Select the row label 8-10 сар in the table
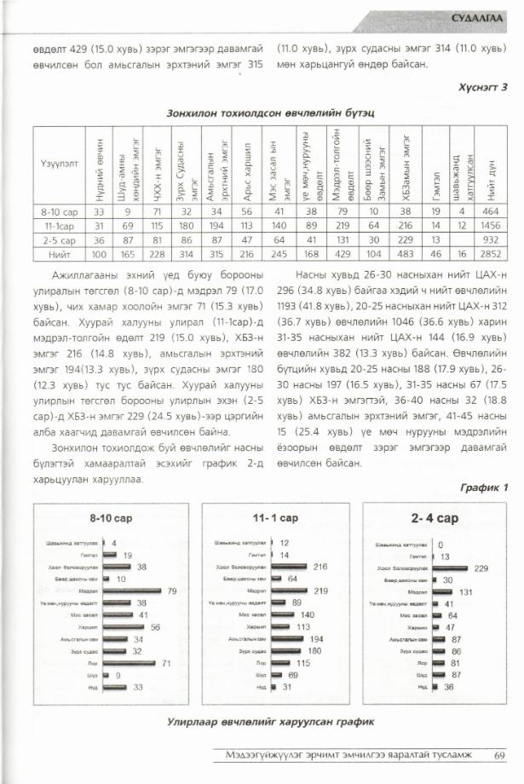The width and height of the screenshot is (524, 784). pos(60,210)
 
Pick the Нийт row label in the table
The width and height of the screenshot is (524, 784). pos(60,253)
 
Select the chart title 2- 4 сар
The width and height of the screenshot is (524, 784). pos(435,518)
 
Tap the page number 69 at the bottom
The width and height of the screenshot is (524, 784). pos(499,752)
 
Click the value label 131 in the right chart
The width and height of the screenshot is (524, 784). pos(465,591)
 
